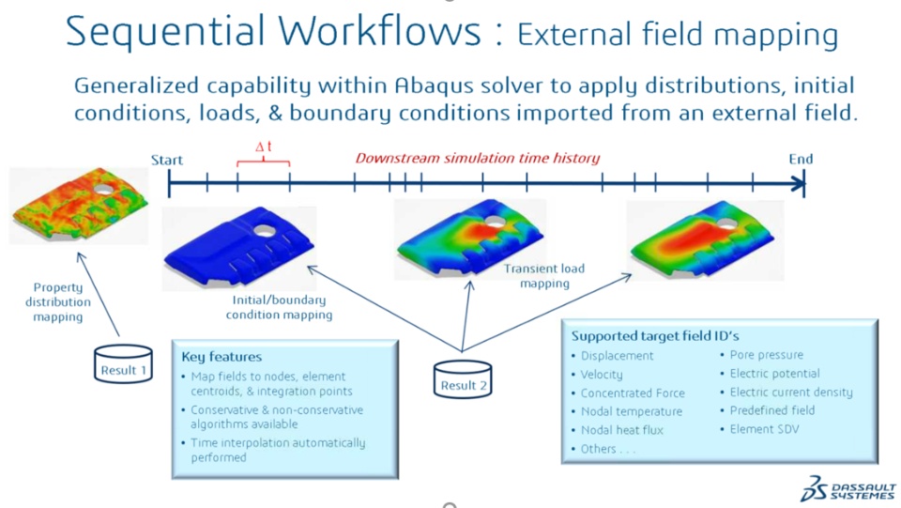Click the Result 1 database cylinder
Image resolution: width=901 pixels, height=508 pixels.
click(124, 363)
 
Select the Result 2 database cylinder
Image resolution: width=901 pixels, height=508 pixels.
click(463, 378)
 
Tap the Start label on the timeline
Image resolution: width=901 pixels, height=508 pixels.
click(167, 160)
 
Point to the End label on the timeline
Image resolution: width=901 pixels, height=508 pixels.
click(801, 160)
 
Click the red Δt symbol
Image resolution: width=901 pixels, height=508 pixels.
click(264, 147)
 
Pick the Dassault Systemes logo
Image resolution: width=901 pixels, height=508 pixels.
click(848, 488)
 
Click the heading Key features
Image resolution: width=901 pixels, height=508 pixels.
click(221, 357)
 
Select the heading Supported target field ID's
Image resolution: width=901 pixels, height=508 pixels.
click(654, 336)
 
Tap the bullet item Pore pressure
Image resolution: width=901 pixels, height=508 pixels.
click(767, 355)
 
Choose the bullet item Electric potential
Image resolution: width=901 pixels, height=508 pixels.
click(774, 374)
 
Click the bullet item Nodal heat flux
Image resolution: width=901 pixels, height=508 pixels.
click(621, 430)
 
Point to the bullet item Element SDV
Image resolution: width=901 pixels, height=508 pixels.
click(764, 429)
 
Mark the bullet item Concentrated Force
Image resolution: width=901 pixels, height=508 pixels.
click(633, 393)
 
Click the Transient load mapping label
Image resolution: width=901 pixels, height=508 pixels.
click(544, 276)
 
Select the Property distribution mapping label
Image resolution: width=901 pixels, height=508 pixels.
click(57, 301)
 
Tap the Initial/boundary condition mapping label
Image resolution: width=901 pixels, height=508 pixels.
click(279, 307)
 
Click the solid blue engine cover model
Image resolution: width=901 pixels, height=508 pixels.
click(239, 246)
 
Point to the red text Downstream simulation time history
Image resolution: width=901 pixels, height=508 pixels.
click(477, 158)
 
